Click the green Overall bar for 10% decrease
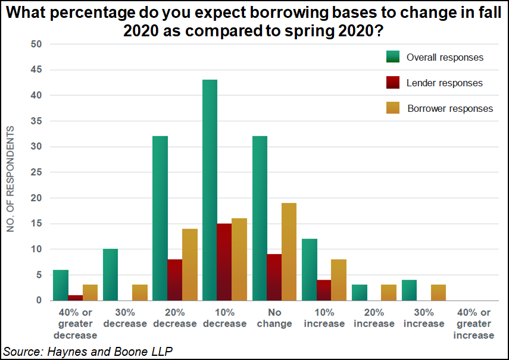coord(210,190)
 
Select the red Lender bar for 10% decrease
coord(224,262)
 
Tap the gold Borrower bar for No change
coord(289,252)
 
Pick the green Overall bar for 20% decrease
coord(160,218)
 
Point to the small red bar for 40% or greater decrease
coord(74,298)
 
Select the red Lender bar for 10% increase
coord(324,290)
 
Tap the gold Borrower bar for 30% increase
coord(438,293)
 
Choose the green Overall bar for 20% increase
coord(359,293)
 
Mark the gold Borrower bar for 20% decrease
coord(189,265)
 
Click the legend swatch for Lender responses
coord(394,83)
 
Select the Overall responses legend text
coord(445,58)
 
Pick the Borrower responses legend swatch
coord(394,108)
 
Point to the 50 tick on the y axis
coord(37,44)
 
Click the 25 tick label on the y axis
coord(37,173)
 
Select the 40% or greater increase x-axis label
coord(473,324)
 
